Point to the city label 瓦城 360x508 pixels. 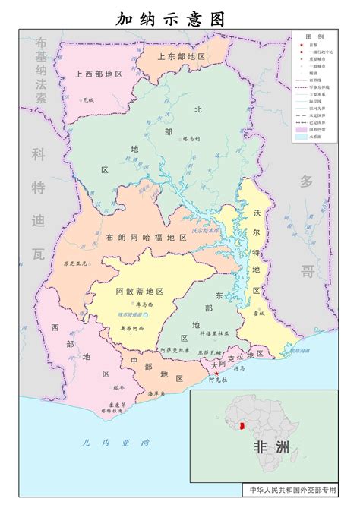(x=88, y=99)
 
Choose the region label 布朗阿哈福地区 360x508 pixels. (x=147, y=238)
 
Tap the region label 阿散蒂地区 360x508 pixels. (x=140, y=291)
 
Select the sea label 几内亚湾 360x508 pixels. (x=106, y=443)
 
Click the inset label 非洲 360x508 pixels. (x=271, y=447)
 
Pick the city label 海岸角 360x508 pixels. (x=157, y=393)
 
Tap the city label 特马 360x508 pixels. (x=239, y=368)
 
